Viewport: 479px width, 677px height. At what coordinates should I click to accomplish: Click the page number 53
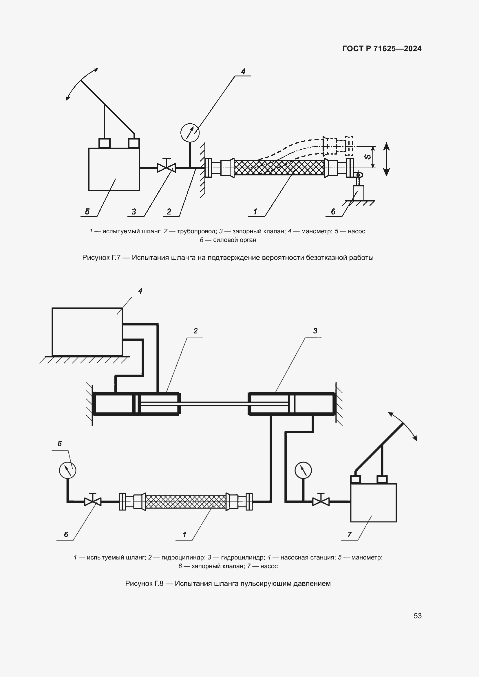click(x=418, y=616)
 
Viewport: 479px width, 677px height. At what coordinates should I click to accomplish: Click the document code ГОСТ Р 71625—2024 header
click(x=382, y=49)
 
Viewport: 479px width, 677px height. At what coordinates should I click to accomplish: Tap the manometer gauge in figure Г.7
click(x=190, y=133)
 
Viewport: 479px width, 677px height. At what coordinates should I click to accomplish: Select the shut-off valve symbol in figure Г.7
click(x=166, y=168)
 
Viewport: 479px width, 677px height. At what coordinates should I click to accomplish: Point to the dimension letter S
click(x=368, y=157)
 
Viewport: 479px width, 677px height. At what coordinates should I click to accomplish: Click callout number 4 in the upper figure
click(x=243, y=71)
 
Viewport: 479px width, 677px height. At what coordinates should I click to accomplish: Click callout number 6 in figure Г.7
click(x=333, y=211)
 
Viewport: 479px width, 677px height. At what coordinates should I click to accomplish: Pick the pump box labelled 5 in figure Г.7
click(x=114, y=169)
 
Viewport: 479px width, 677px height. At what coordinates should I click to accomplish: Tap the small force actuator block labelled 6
click(x=358, y=193)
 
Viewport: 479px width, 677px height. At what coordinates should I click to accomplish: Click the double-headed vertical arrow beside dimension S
click(x=386, y=159)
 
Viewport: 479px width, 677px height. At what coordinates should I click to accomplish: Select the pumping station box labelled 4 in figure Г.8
click(x=87, y=332)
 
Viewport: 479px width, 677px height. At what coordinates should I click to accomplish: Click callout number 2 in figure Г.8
click(x=195, y=331)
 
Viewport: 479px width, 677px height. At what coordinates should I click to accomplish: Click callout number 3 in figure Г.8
click(x=315, y=331)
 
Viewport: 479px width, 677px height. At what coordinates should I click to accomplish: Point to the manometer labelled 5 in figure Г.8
click(x=67, y=470)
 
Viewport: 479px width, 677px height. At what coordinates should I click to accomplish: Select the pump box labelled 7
click(x=373, y=503)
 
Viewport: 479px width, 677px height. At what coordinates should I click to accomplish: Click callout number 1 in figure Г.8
click(x=184, y=534)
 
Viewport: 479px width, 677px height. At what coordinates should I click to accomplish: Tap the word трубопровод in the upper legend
click(x=197, y=231)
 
